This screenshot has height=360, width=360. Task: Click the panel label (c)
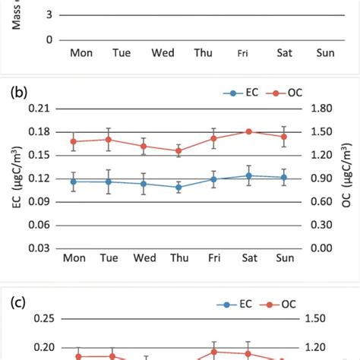pyautogui.click(x=17, y=303)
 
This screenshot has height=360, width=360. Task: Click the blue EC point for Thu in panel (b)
pyautogui.click(x=179, y=187)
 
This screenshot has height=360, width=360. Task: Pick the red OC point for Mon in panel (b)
pyautogui.click(x=74, y=141)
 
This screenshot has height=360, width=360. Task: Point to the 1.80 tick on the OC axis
pyautogui.click(x=322, y=109)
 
